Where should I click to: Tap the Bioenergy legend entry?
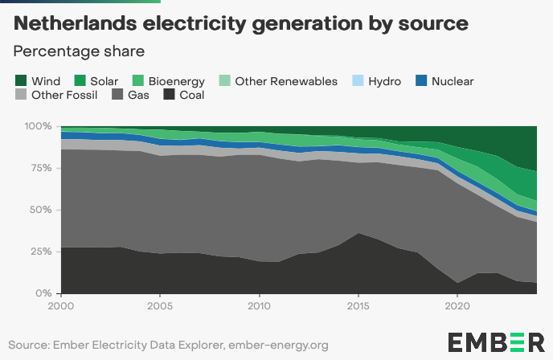(x=168, y=81)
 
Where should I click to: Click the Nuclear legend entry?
(x=444, y=81)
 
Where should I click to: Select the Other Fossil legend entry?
(x=56, y=96)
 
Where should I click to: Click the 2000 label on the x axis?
(x=61, y=306)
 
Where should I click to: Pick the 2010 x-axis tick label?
(x=259, y=306)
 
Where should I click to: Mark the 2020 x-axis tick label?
(x=457, y=306)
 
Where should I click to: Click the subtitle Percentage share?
(x=79, y=51)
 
